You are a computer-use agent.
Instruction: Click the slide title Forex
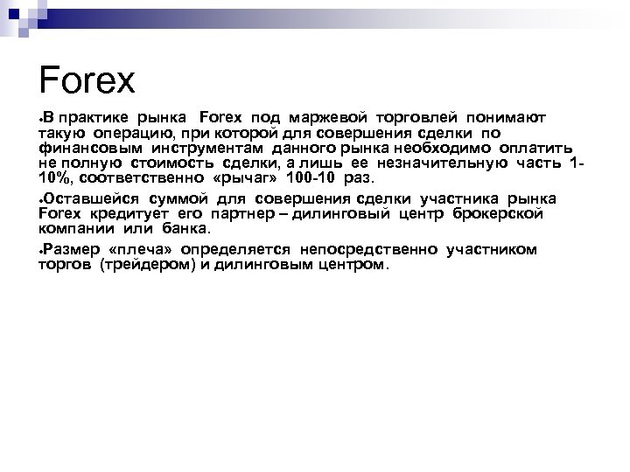[87, 80]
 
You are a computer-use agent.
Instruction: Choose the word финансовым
[81, 148]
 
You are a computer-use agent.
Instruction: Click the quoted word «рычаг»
[231, 179]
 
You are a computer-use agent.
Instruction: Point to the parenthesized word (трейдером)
[143, 265]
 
